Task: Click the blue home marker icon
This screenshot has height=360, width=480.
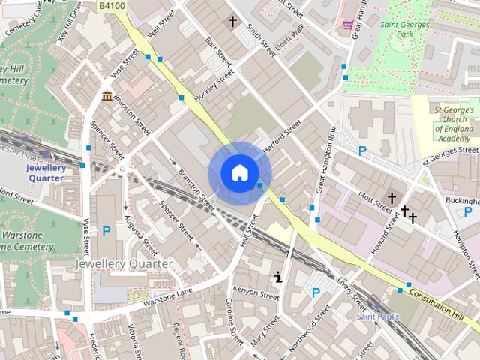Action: tap(238, 173)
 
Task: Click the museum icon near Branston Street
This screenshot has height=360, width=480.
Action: tap(107, 96)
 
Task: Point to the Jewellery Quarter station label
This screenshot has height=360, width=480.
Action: tap(46, 173)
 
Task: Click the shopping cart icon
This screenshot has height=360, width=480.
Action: tap(348, 24)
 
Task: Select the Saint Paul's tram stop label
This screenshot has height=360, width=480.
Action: tap(378, 316)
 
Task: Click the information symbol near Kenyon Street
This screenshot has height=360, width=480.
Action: tap(279, 277)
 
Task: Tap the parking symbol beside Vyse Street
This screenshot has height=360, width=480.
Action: tap(106, 232)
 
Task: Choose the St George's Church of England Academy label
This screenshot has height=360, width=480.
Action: tap(454, 124)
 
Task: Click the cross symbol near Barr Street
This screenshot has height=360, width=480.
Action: tap(233, 21)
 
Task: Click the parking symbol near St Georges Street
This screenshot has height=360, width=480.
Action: tap(362, 151)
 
